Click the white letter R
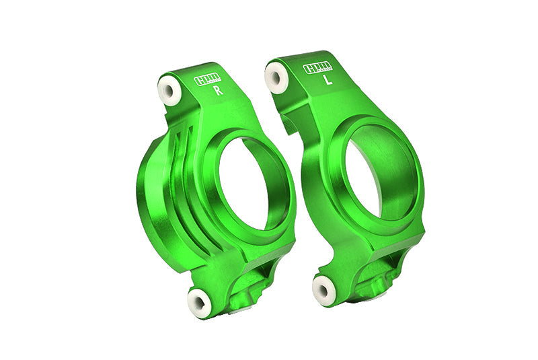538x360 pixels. pyautogui.click(x=218, y=91)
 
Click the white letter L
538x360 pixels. pyautogui.click(x=328, y=80)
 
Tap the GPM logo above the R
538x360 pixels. pyautogui.click(x=207, y=79)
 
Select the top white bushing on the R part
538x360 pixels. pyautogui.click(x=169, y=90)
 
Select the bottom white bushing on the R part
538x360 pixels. pyautogui.click(x=199, y=302)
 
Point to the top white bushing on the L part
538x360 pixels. pyautogui.click(x=276, y=77)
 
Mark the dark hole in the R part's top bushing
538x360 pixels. pyautogui.click(x=168, y=90)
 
